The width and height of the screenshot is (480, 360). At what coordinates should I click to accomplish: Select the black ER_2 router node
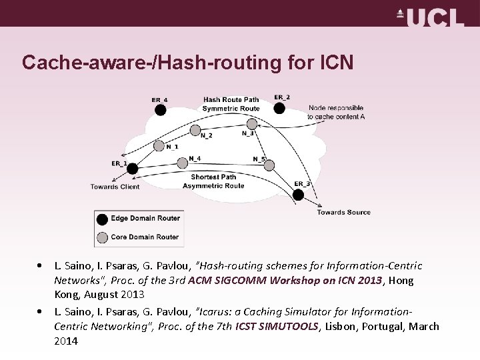pos(279,108)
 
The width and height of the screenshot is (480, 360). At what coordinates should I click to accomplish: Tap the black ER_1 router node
pos(132,169)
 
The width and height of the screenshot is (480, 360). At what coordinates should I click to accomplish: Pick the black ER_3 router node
pos(298,195)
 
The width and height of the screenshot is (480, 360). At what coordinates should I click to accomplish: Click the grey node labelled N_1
pos(159,145)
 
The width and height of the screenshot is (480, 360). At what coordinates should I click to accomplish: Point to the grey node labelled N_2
pos(195,130)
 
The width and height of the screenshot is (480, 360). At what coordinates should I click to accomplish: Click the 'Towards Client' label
pos(115,187)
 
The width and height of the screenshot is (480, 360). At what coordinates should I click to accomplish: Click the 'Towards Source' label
pos(343,213)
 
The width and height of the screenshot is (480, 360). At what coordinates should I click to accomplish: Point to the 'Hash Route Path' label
pos(231,100)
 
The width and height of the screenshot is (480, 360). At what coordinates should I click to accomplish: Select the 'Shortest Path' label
pos(213,177)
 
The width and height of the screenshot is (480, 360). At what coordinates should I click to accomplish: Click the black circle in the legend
pos(102,219)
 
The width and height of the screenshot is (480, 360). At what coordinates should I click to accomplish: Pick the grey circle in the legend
pos(102,237)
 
